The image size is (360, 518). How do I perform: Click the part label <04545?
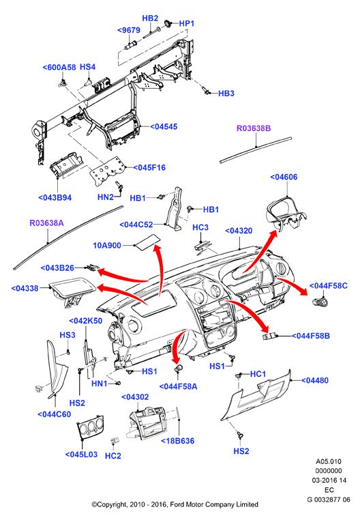pyautogui.click(x=164, y=127)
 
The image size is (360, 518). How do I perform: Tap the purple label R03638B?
pyautogui.click(x=254, y=128)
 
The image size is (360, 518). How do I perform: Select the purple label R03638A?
pyautogui.click(x=46, y=223)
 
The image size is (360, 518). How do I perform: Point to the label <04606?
pyautogui.click(x=284, y=177)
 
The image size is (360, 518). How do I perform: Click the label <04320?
pyautogui.click(x=239, y=231)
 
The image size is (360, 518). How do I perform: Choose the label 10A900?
pyautogui.click(x=107, y=246)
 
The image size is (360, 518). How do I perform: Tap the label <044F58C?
pyautogui.click(x=329, y=286)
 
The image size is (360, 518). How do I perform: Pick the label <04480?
pyautogui.click(x=315, y=381)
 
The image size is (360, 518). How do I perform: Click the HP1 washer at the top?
pyautogui.click(x=168, y=23)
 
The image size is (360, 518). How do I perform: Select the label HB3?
pyautogui.click(x=226, y=93)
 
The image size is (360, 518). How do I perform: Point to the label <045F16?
pyautogui.click(x=149, y=168)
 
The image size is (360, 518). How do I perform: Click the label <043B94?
pyautogui.click(x=55, y=198)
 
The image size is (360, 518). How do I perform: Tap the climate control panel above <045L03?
pyautogui.click(x=90, y=427)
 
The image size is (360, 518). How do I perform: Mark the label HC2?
pyautogui.click(x=113, y=456)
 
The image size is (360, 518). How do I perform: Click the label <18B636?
pyautogui.click(x=177, y=441)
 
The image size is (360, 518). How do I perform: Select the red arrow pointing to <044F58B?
pyautogui.click(x=249, y=313)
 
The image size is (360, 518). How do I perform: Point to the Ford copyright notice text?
pyautogui.click(x=175, y=504)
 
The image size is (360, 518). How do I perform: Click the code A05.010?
pyautogui.click(x=329, y=461)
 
